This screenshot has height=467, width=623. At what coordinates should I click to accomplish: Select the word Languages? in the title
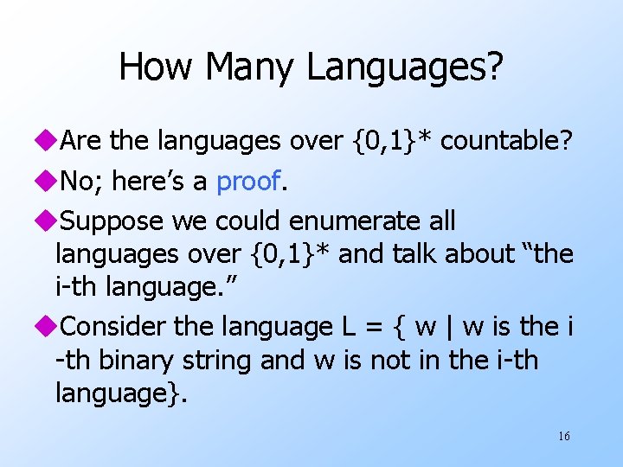tap(401, 67)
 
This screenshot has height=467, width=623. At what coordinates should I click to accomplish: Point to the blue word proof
tap(248, 182)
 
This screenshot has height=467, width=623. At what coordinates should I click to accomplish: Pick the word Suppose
tap(112, 221)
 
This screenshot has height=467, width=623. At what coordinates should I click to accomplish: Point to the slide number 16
tap(563, 436)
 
